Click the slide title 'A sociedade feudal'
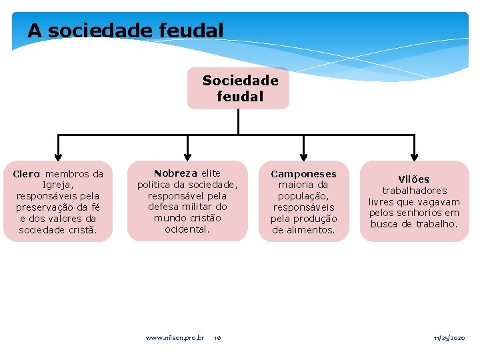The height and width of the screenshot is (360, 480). point(125,31)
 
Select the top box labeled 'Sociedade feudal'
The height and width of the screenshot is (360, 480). point(239,88)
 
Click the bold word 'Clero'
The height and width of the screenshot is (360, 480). point(27,174)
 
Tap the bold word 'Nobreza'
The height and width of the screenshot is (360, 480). point(175,173)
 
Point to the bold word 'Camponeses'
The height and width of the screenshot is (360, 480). point(303,174)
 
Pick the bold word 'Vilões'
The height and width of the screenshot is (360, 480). point(413,179)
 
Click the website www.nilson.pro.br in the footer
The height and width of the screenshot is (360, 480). point(175,338)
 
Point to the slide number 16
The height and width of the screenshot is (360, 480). point(217,338)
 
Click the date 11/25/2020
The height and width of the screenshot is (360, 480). point(449,338)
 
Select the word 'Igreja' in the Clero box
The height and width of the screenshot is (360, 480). point(57,185)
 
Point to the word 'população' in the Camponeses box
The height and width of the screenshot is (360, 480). point(303,196)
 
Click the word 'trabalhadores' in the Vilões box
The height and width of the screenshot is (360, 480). point(414,191)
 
